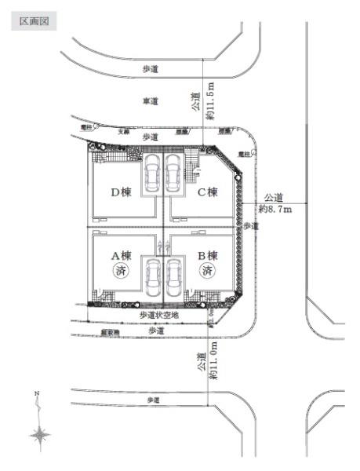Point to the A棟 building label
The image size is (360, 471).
pyautogui.click(x=120, y=255)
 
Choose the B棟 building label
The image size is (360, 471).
pyautogui.click(x=207, y=255)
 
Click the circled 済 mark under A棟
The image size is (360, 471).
pyautogui.click(x=120, y=272)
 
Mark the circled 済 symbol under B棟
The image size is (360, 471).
pyautogui.click(x=207, y=272)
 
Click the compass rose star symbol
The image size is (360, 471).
pyautogui.click(x=40, y=434)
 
